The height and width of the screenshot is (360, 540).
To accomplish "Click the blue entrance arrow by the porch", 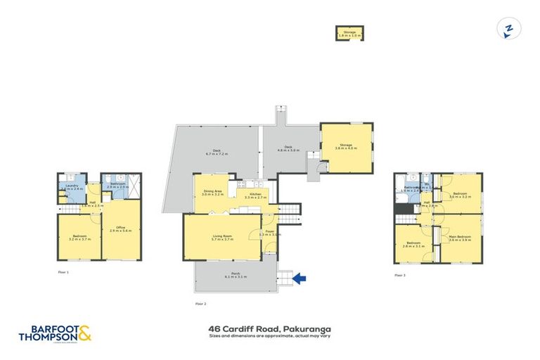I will pos(299,279).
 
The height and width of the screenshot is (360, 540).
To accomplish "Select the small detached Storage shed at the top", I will pos(349,34).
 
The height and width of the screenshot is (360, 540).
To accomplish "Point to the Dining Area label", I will pos(213,192).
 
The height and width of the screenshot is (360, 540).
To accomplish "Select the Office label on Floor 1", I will pos(120,229).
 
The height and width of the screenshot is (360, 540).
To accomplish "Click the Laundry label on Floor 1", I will pos(72,188).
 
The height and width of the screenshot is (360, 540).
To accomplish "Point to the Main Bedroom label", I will pos(460,238).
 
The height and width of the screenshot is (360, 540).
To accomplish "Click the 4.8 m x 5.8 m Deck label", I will pos(288,149).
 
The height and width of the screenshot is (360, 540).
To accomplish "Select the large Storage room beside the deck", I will pos(347,148).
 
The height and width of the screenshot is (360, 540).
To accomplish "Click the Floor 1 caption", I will pos(63,271).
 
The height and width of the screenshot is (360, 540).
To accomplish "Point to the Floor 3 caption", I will pos(400,275).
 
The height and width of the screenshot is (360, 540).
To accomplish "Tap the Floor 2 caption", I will pos(200,303).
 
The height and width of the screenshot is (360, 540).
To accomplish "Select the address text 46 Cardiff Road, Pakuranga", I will pos(269,328).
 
